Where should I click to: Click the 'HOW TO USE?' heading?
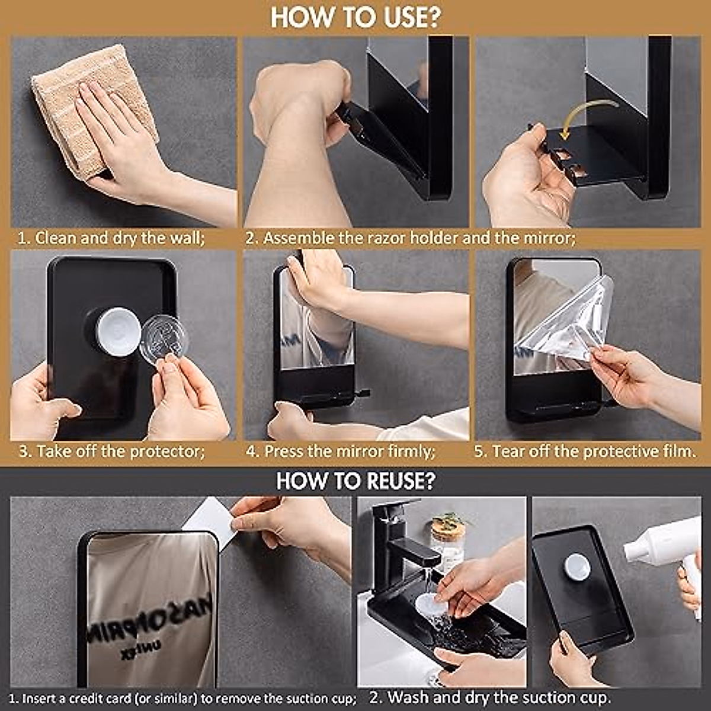point(355,17)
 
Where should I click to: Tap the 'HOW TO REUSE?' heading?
point(355,481)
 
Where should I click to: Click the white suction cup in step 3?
point(118,331)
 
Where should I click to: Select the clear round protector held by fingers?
point(165,340)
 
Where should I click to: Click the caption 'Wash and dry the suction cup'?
point(489,697)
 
